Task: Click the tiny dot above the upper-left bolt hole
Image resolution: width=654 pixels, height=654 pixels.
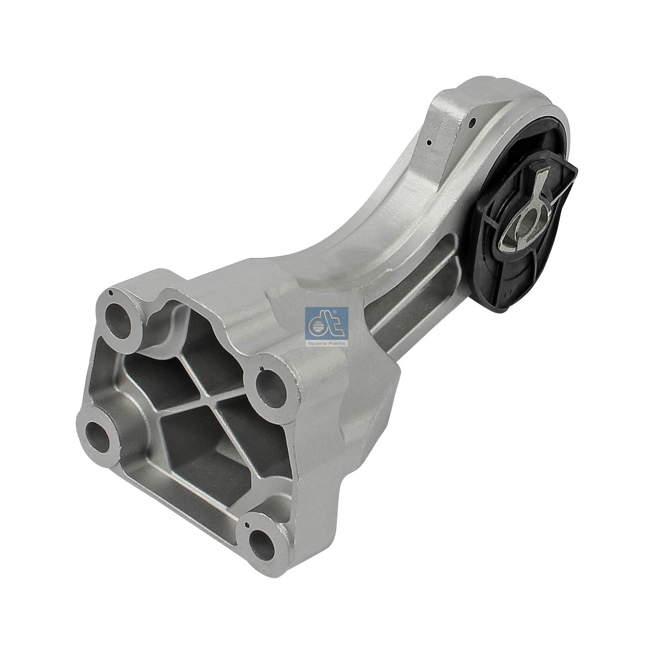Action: (111, 293)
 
